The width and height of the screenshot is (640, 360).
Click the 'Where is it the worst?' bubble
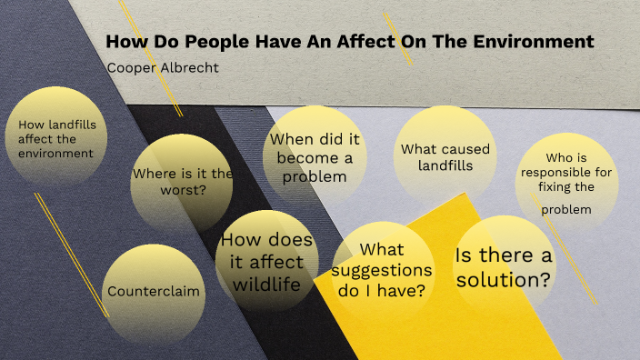[x=182, y=182]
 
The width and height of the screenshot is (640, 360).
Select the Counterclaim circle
[x=154, y=292]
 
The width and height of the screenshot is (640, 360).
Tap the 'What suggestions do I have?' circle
[x=382, y=270]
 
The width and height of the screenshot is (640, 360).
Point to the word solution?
[x=503, y=280]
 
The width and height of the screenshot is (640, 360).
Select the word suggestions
[x=382, y=270]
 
